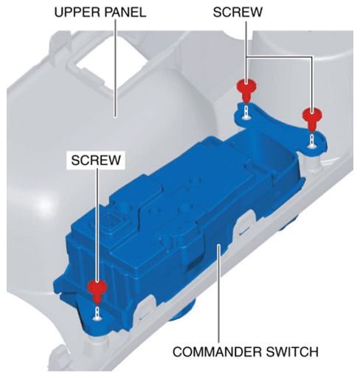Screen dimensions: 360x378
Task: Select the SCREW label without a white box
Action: pos(238,12)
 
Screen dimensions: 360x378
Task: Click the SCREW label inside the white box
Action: pos(96,160)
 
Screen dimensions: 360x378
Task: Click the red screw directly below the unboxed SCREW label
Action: pos(246,91)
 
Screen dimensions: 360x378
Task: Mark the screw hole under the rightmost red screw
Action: pos(312,146)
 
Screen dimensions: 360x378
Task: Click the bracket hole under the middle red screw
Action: pos(246,118)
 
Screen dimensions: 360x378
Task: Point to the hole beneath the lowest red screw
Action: pos(97,318)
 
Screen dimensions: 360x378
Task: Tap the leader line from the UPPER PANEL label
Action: pos(115,68)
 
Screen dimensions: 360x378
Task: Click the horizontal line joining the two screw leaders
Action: pos(279,57)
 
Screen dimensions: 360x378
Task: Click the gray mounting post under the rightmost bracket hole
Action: pos(311,164)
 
